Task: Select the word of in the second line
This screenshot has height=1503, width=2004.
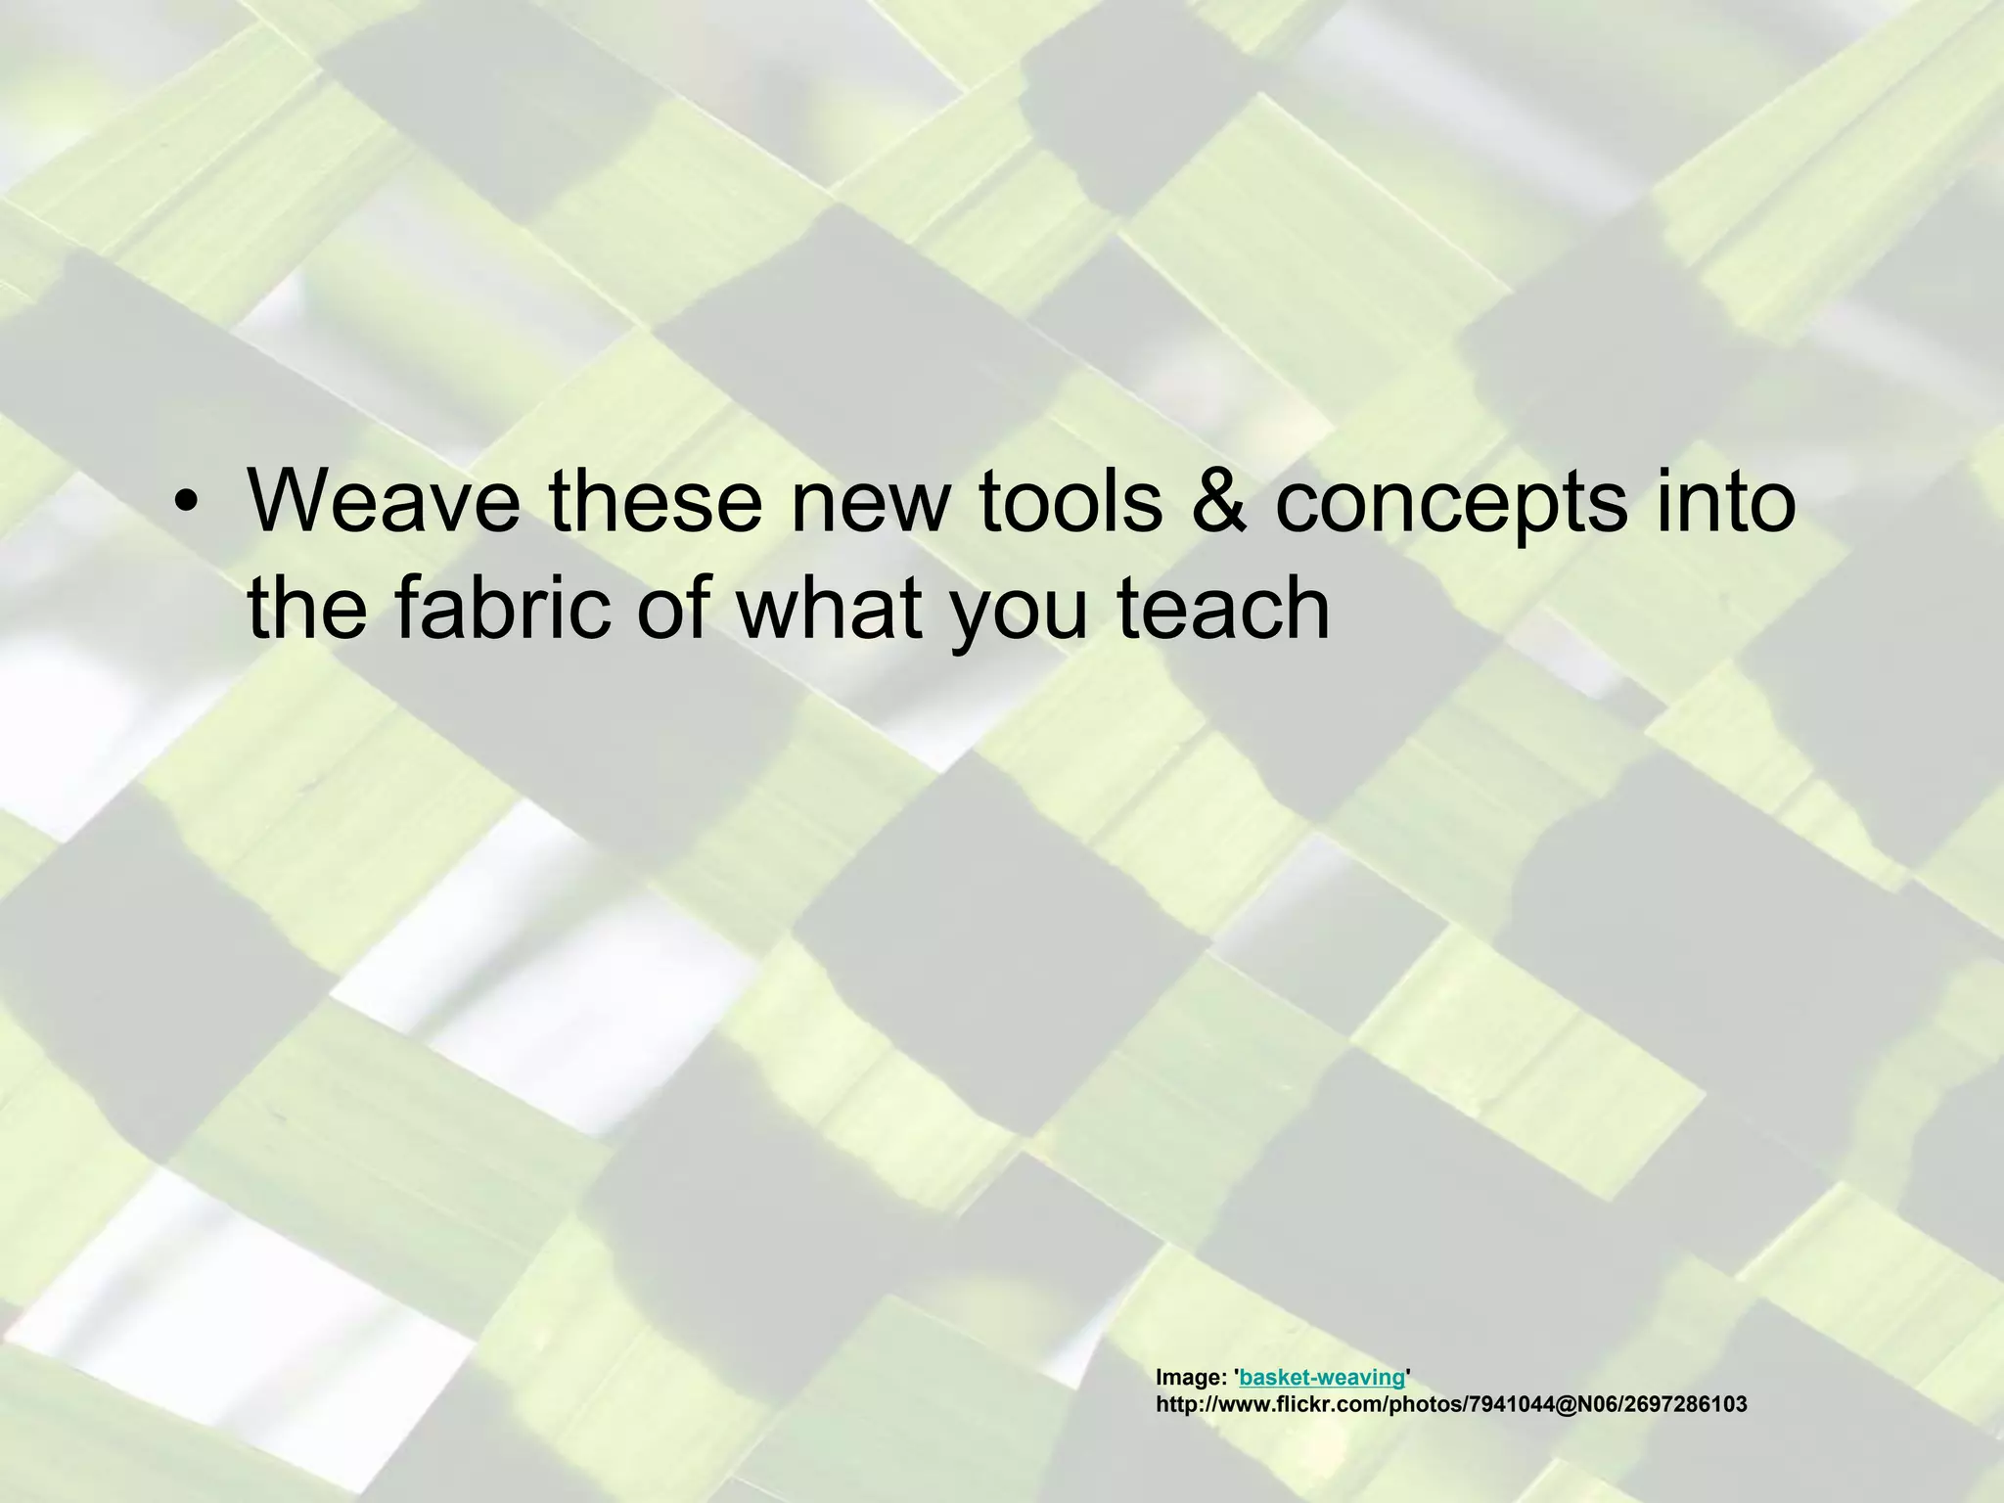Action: (679, 607)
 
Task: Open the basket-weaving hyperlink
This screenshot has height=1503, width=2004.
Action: (1321, 1378)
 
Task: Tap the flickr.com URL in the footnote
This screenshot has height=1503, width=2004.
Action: (1451, 1405)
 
